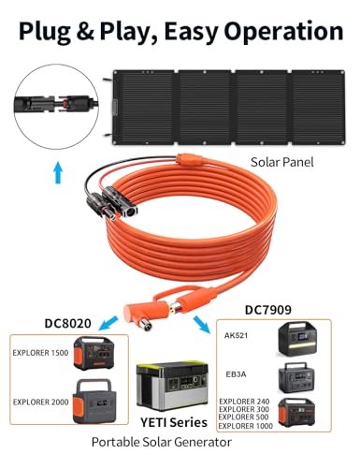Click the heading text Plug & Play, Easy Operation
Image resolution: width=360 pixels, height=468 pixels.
(x=180, y=32)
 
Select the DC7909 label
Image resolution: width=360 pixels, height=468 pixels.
(x=274, y=308)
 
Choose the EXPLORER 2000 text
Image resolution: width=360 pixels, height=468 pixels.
(x=42, y=402)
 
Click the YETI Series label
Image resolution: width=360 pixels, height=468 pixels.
(x=179, y=422)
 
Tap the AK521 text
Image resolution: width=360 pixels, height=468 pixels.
(x=237, y=334)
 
